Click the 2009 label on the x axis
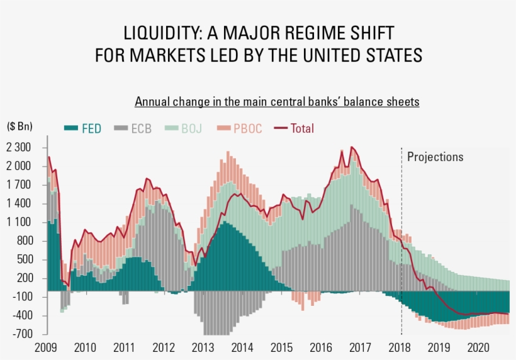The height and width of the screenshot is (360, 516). (45, 347)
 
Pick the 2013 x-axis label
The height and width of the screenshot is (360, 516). (203, 347)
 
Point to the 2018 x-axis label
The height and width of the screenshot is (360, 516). (400, 347)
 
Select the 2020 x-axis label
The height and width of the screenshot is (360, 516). (479, 347)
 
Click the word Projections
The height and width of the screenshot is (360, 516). (435, 157)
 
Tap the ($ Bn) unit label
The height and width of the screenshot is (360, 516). (20, 126)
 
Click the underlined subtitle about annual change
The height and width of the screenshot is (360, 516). (277, 101)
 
